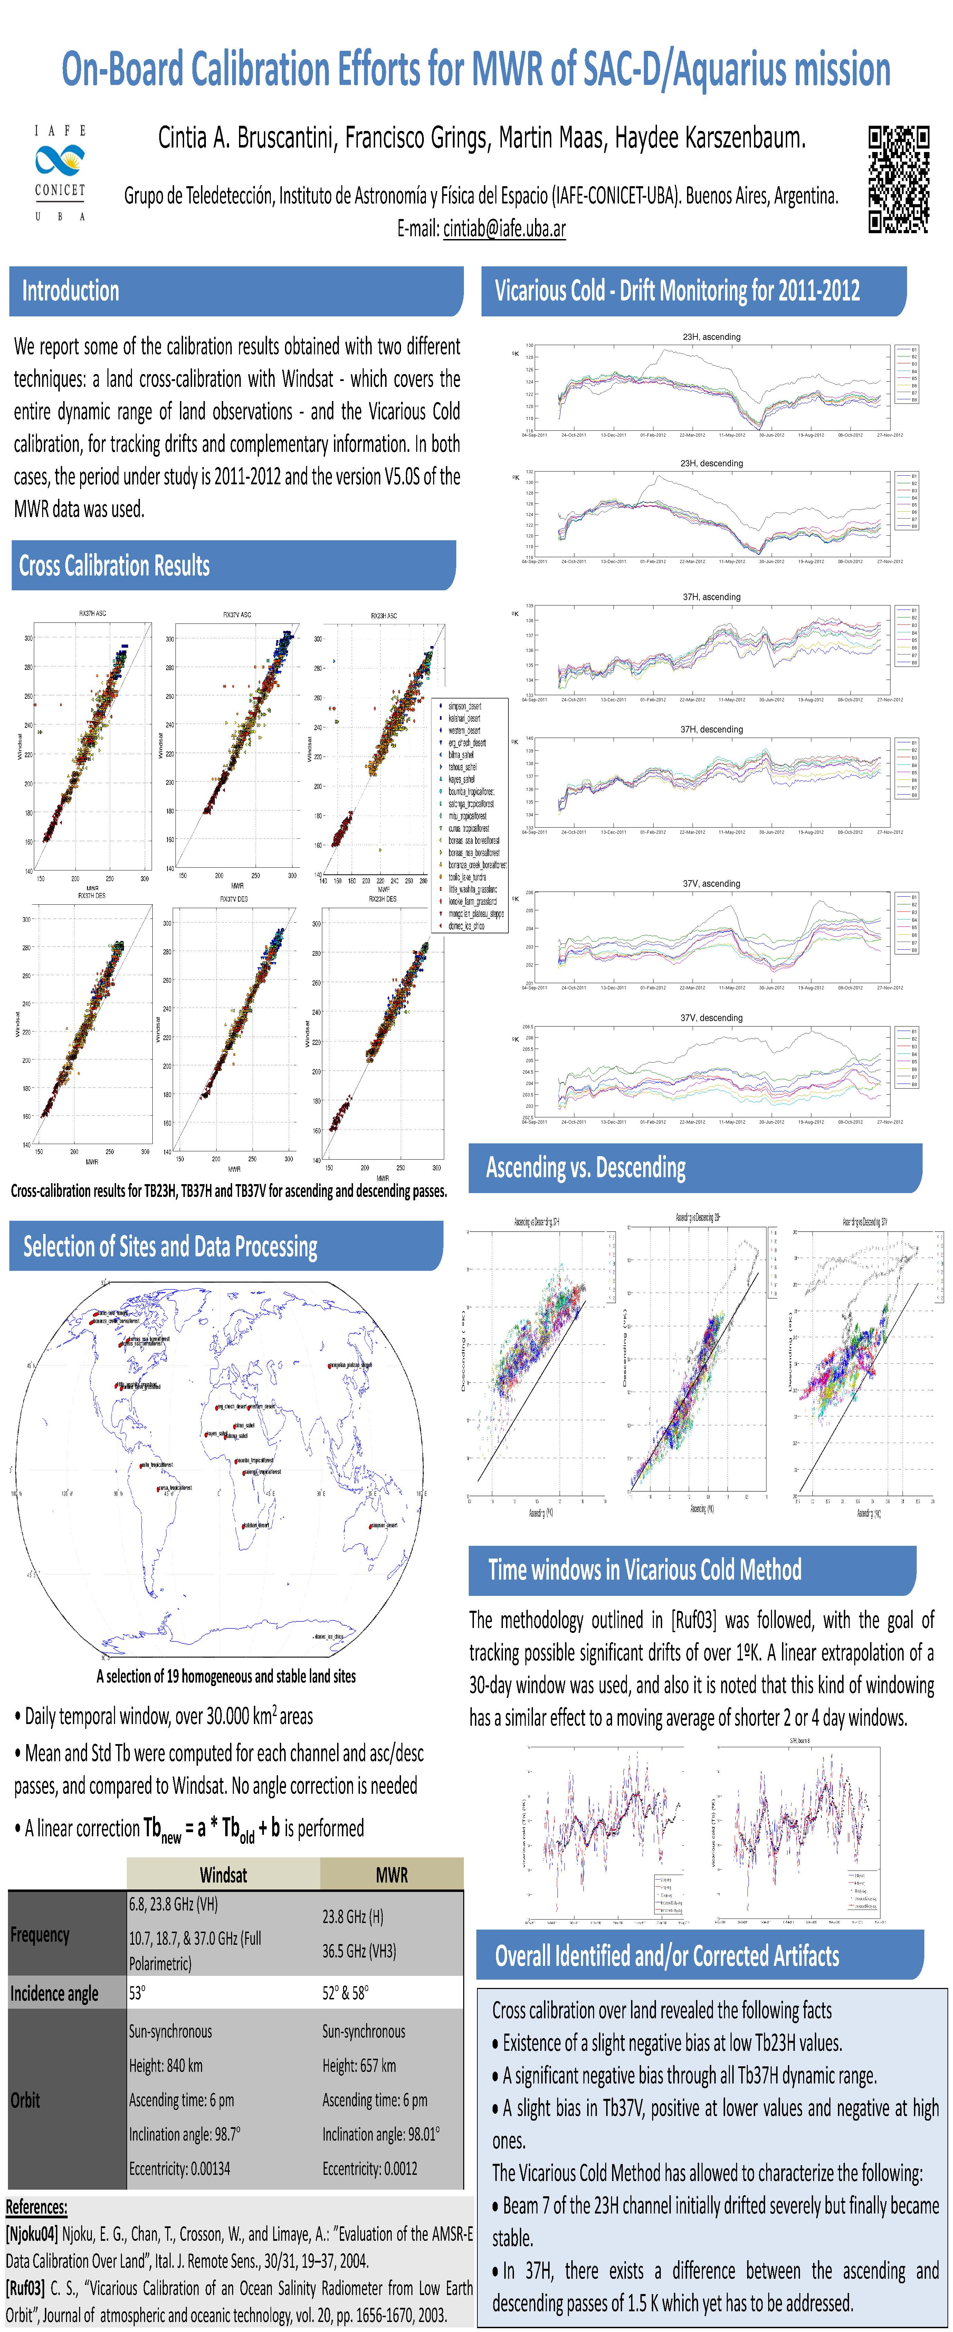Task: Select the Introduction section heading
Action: [70, 291]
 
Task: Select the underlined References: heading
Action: [36, 2206]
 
